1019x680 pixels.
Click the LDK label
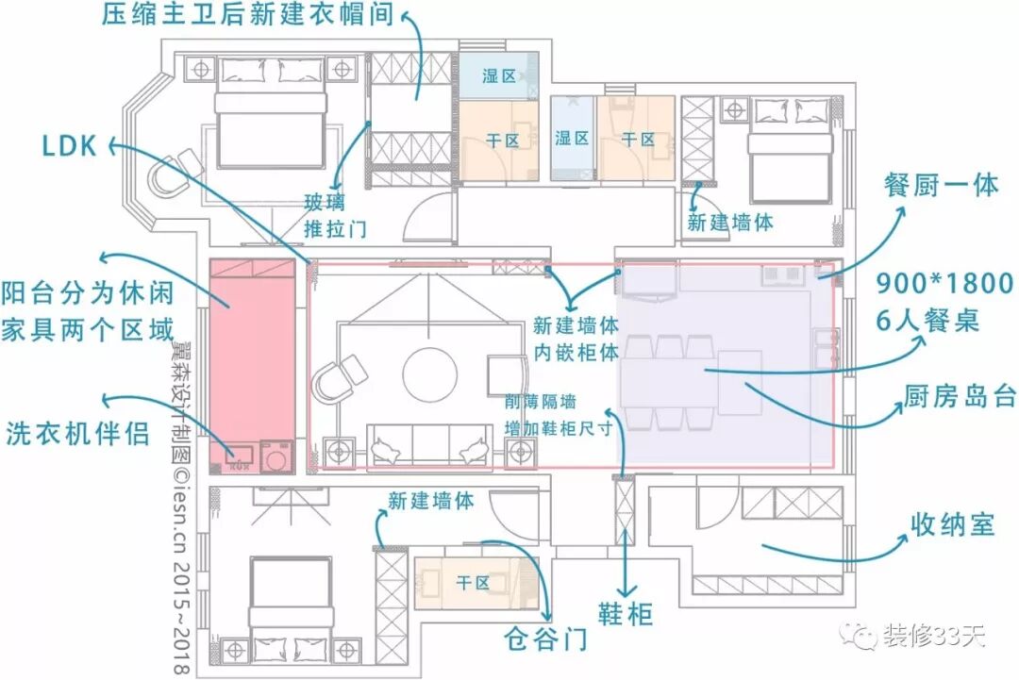click(68, 145)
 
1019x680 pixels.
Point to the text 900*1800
click(944, 283)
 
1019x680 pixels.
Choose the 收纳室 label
click(953, 524)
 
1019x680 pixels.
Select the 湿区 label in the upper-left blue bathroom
click(499, 75)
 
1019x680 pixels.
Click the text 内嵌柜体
click(576, 352)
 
